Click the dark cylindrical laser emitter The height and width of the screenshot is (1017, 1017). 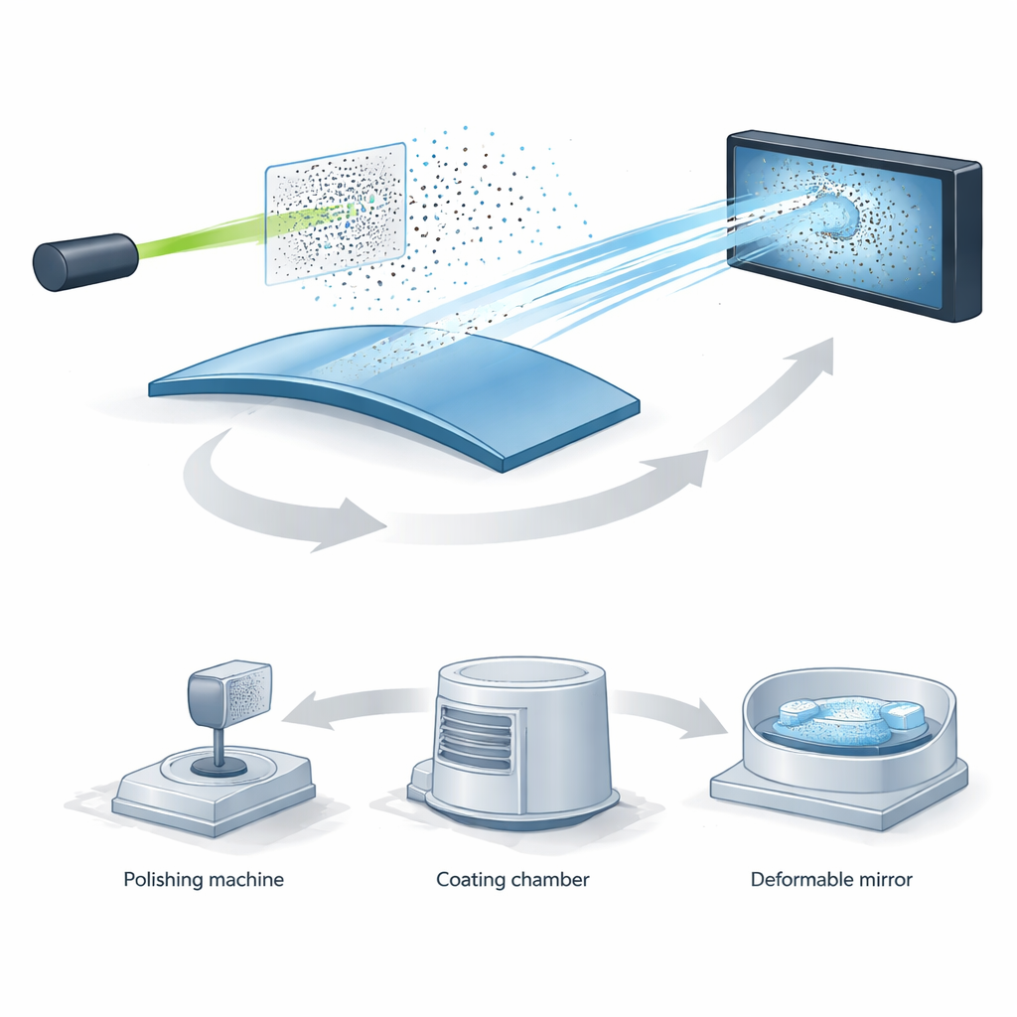(85, 261)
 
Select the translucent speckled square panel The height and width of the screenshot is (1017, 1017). (336, 214)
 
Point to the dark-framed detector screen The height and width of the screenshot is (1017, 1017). (854, 224)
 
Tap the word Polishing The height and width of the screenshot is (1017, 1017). (164, 880)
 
